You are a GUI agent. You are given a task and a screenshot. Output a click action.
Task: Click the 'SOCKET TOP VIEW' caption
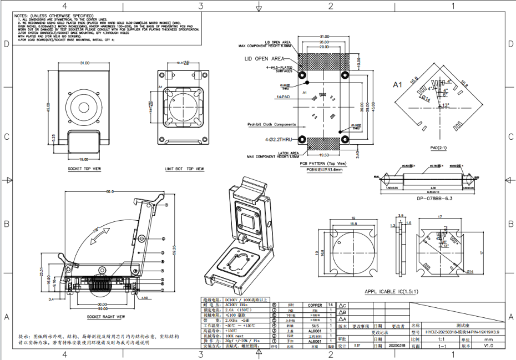click(x=84, y=169)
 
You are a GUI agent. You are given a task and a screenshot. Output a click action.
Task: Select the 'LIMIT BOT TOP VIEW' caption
click(x=185, y=169)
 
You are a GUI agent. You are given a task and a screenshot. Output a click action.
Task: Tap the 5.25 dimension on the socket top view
click(x=53, y=136)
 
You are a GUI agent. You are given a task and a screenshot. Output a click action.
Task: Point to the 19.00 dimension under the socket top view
click(x=84, y=159)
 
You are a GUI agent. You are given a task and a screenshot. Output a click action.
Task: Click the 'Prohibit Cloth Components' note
click(x=271, y=125)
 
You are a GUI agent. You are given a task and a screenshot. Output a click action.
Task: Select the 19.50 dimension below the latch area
click(x=323, y=155)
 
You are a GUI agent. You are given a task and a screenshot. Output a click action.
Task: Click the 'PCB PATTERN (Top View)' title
click(x=323, y=164)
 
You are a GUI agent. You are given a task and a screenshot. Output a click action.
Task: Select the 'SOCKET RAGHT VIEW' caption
click(x=101, y=317)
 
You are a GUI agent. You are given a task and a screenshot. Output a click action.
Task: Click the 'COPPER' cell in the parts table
click(x=315, y=305)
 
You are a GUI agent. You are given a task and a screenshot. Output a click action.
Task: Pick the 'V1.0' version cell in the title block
click(x=488, y=346)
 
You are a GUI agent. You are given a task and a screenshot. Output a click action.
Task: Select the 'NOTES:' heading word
click(x=22, y=16)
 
